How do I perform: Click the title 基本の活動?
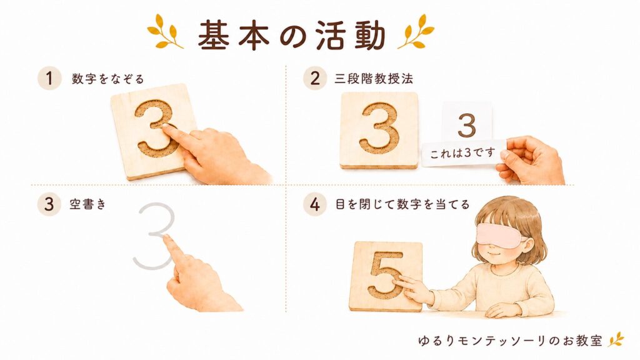click(292, 35)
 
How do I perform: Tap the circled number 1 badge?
click(49, 78)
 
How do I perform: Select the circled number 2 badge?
click(315, 78)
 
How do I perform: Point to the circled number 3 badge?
click(49, 204)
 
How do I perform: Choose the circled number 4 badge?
click(315, 204)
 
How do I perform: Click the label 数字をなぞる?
click(107, 78)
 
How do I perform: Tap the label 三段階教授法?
click(374, 78)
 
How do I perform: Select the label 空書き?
click(87, 204)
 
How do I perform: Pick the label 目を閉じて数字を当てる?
click(402, 204)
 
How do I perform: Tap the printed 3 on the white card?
click(467, 125)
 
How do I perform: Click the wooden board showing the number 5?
click(386, 276)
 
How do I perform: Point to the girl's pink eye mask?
click(500, 236)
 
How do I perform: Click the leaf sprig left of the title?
click(164, 32)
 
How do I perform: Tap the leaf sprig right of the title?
click(416, 32)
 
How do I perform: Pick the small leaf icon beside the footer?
click(616, 339)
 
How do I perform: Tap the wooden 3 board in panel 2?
click(379, 130)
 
